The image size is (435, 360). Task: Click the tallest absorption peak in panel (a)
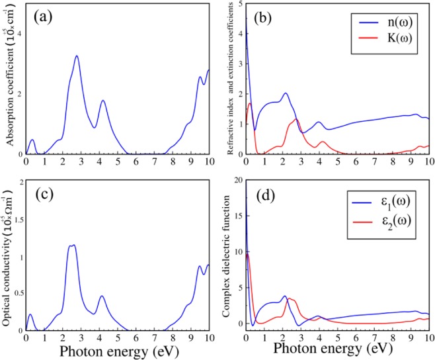tap(77, 56)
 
